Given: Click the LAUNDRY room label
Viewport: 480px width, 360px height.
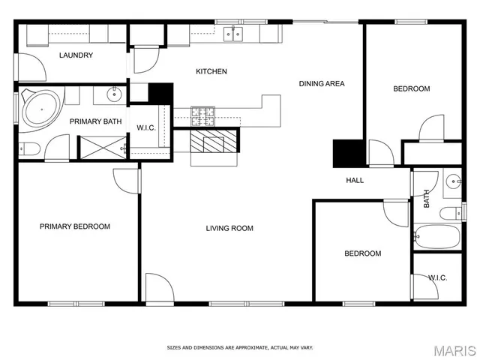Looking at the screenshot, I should pos(76,55).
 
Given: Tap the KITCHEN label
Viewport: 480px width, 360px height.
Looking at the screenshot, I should pos(211,72).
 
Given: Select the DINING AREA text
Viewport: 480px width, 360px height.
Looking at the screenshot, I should pos(322,84).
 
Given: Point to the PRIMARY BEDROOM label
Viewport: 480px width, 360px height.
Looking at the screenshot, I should pos(75,226).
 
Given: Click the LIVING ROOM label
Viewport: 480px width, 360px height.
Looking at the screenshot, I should pos(229,229).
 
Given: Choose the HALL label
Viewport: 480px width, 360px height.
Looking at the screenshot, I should pos(355,181).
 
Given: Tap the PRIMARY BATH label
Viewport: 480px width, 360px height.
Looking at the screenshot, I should pos(95,121).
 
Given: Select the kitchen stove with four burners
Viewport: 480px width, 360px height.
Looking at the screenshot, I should pos(202,115).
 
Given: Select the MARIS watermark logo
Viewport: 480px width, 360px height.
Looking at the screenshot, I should pos(454,349).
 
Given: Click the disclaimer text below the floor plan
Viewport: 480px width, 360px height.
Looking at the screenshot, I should pos(239,348).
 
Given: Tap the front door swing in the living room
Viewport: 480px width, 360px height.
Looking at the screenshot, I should pos(160,288).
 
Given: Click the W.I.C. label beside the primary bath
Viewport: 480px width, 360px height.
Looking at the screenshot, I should pos(145,127).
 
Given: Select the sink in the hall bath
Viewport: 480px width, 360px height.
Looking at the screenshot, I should pos(452,181).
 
